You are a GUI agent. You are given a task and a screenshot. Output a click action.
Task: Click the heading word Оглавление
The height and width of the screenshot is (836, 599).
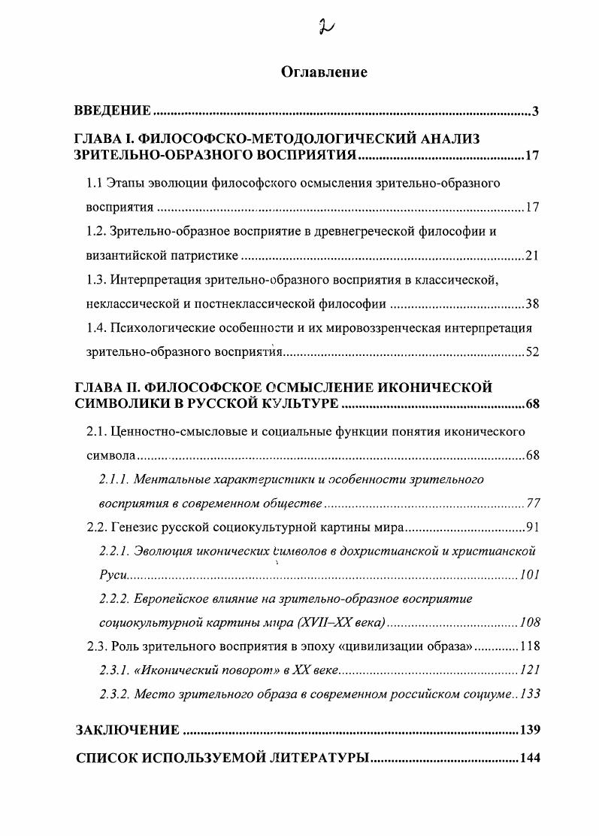click(324, 72)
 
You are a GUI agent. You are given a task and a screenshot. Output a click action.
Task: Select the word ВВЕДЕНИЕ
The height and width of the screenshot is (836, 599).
click(113, 111)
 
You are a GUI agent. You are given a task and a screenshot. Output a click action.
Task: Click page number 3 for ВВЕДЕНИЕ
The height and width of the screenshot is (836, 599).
click(535, 112)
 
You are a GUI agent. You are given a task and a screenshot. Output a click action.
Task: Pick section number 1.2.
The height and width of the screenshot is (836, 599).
click(95, 231)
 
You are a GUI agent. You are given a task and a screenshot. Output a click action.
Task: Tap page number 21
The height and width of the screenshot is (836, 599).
click(532, 256)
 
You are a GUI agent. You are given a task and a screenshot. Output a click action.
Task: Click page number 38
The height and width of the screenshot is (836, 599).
click(532, 305)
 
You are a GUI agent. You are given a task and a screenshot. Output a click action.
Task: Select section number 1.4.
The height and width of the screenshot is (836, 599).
click(95, 328)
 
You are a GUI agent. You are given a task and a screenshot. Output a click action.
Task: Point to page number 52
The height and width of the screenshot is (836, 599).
click(532, 353)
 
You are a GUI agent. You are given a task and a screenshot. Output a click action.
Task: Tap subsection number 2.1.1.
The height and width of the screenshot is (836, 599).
click(116, 479)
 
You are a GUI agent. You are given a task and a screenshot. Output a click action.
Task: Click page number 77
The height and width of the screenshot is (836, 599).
click(532, 503)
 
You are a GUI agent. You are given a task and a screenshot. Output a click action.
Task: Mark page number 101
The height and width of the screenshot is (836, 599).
click(529, 576)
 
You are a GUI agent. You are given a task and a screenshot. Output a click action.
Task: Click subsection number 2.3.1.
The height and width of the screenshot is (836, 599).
click(115, 670)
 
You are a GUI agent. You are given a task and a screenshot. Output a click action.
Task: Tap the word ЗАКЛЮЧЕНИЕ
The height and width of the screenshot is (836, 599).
click(128, 730)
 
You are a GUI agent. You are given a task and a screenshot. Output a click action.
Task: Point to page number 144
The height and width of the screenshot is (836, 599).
click(530, 758)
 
